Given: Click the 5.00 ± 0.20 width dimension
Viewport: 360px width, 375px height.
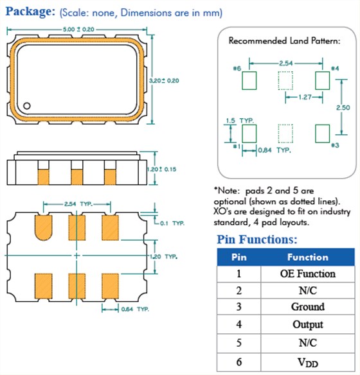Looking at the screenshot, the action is tap(78, 30).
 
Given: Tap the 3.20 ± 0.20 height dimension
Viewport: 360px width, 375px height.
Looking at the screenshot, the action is tap(164, 81).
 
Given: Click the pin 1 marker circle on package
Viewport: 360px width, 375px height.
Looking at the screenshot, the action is tap(27, 106).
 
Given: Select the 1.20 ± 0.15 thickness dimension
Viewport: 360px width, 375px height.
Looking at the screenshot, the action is tap(161, 170).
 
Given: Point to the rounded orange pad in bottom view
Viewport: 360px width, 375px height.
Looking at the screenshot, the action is tap(44, 228).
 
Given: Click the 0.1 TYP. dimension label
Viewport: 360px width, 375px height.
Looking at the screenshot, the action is tap(172, 223).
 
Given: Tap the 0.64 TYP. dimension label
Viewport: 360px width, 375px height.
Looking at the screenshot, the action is tap(135, 310).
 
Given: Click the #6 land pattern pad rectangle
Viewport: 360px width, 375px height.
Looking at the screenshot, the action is tap(249, 81).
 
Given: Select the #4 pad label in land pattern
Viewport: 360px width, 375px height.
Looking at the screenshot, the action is tap(335, 69).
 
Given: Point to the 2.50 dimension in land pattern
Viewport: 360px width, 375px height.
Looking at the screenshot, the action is tap(343, 108).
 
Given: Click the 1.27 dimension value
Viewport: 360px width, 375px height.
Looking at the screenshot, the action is tap(305, 97).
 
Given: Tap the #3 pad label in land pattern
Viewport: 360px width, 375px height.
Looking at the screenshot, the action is tap(335, 145).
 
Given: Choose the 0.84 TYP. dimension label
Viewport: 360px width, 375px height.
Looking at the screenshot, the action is tap(274, 150).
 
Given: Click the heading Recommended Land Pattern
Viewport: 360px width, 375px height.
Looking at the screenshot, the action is tap(284, 41).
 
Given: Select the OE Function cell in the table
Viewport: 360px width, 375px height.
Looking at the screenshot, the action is tap(308, 274).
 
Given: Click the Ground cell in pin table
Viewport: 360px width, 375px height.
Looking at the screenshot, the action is tap(308, 307).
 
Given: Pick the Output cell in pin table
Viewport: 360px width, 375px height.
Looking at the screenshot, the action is tap(308, 324).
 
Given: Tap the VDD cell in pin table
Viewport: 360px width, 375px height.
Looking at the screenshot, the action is tap(308, 362).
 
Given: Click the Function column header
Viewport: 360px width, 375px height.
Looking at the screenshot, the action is tap(308, 257).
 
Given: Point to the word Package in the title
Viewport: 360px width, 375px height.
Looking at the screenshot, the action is tap(30, 12).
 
